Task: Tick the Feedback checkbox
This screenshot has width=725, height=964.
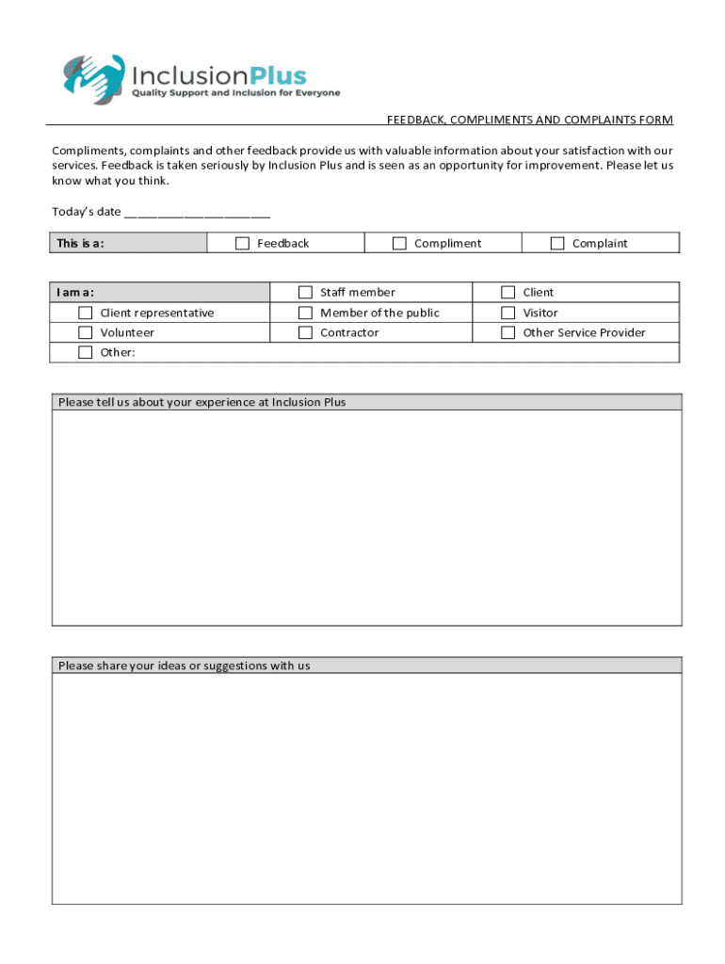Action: point(242,244)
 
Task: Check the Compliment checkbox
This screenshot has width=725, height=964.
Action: point(399,244)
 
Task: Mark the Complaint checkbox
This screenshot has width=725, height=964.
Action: point(557,244)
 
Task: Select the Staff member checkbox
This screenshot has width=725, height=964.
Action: point(305,293)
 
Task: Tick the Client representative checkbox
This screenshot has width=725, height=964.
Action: point(86,313)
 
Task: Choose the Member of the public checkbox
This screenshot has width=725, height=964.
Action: point(305,313)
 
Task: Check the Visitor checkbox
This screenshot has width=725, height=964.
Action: point(508,313)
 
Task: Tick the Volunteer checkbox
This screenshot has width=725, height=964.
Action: point(86,332)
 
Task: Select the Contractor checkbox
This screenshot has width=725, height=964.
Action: point(305,332)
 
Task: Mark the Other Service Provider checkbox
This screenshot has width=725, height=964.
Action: point(508,332)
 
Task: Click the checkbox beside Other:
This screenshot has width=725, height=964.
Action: point(86,352)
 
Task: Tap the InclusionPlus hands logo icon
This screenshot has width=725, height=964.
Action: point(93,77)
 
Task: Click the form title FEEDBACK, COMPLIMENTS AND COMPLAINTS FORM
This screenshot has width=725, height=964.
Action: point(530,120)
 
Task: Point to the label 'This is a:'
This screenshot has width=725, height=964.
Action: point(80,244)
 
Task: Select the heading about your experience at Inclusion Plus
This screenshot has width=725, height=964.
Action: point(201,403)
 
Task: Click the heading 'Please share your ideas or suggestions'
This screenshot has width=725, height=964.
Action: point(184,666)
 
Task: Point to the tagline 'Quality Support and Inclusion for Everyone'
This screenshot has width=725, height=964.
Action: point(235,93)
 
